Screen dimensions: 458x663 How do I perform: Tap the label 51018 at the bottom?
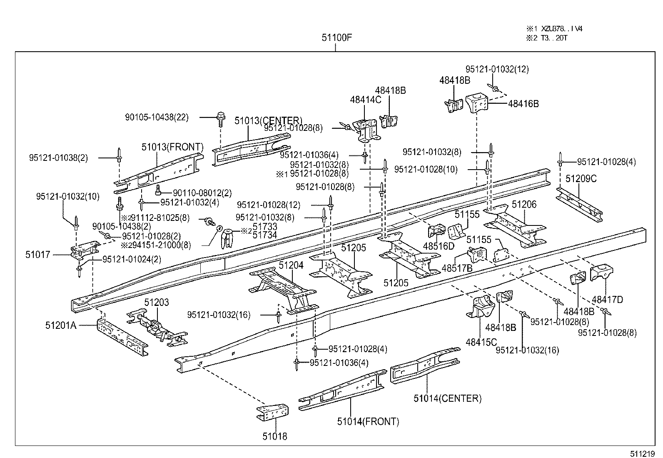pos(274,436)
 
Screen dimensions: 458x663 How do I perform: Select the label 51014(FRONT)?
pos(368,422)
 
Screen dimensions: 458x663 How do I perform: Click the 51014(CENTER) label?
pos(447,398)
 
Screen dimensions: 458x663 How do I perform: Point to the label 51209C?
pos(581,179)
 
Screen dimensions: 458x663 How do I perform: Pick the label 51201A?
pos(61,325)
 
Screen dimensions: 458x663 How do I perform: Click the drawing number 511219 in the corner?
pos(641,453)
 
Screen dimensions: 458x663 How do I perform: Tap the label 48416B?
pos(523,104)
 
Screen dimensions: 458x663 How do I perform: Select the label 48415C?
pos(481,342)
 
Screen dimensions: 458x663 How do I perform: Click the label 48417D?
pos(607,300)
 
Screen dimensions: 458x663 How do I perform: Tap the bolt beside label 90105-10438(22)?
pos(220,120)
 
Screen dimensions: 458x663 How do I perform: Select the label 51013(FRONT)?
pos(172,147)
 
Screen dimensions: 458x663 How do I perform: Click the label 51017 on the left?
pos(37,255)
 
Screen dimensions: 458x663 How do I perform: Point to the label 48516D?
pos(439,246)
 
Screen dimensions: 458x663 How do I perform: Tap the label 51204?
pos(291,265)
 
